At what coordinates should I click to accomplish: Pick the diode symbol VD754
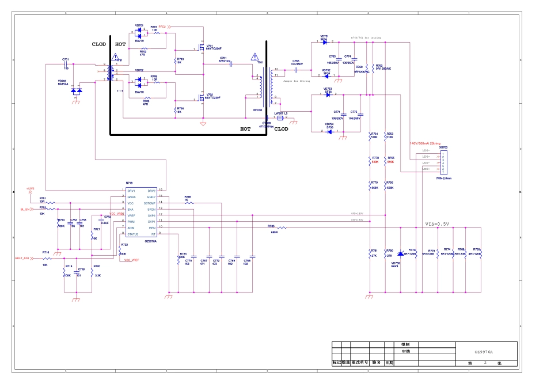click(329, 131)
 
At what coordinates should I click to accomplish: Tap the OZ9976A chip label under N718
click(151, 241)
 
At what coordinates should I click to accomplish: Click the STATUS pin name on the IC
click(133, 234)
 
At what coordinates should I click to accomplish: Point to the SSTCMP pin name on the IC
click(150, 203)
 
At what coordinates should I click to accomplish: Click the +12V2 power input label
click(30, 188)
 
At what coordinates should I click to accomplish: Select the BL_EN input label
click(25, 210)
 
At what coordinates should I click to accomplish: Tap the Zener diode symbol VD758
click(401, 254)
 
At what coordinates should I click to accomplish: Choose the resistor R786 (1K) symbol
click(188, 203)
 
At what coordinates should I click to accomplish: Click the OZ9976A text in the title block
click(483, 351)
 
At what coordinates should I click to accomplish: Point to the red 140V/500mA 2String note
click(425, 143)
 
